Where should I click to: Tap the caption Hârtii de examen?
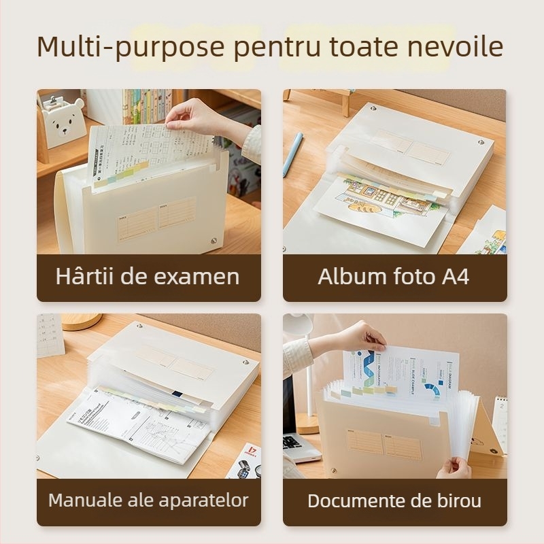(x=148, y=277)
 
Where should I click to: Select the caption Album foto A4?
(x=394, y=277)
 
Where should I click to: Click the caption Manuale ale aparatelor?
(x=148, y=501)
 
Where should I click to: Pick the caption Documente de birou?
(x=394, y=501)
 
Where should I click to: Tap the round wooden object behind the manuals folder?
(x=81, y=321)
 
